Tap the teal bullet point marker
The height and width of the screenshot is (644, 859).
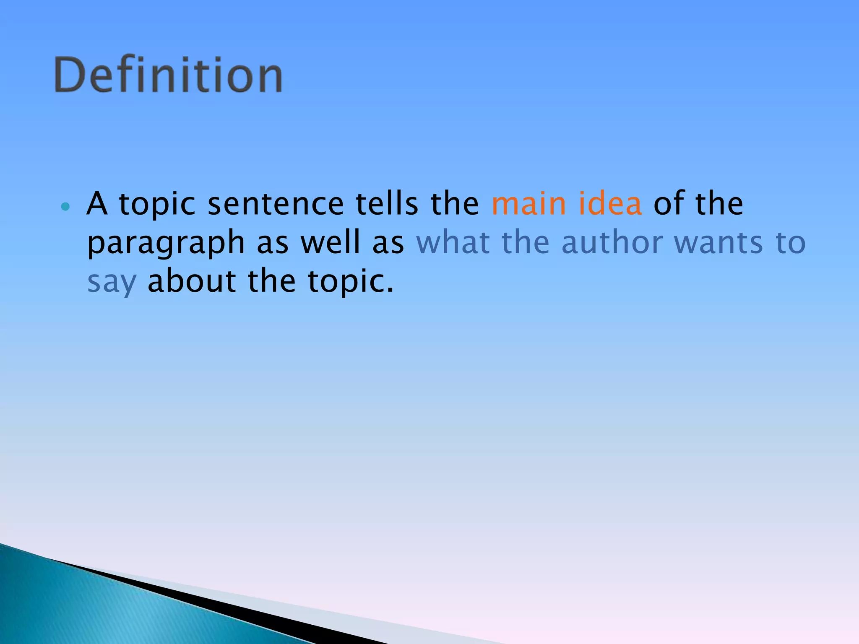click(65, 206)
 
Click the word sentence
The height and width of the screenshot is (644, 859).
click(276, 204)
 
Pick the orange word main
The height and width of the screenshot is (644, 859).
click(529, 204)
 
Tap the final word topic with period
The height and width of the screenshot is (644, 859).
click(351, 282)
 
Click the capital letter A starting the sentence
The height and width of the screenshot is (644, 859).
click(96, 204)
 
